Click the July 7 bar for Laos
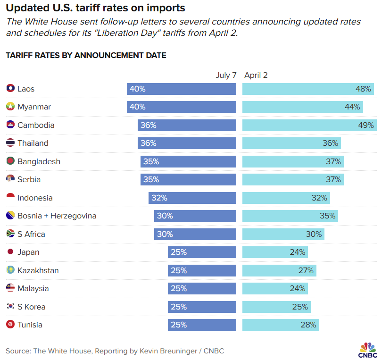pyautogui.click(x=181, y=89)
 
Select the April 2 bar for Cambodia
pyautogui.click(x=309, y=125)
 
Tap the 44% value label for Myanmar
pyautogui.click(x=352, y=107)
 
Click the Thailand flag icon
pyautogui.click(x=10, y=142)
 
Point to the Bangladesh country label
pyautogui.click(x=39, y=161)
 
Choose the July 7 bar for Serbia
pyautogui.click(x=188, y=179)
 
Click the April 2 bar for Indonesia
pyautogui.click(x=286, y=198)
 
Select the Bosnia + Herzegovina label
pyautogui.click(x=57, y=216)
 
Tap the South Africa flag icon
pyautogui.click(x=10, y=234)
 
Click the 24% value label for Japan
pyautogui.click(x=297, y=252)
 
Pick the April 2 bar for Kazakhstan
pyautogui.click(x=279, y=270)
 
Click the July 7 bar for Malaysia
pyautogui.click(x=202, y=288)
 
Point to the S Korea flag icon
pyautogui.click(x=10, y=306)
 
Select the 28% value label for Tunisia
pyautogui.click(x=308, y=325)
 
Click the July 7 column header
pyautogui.click(x=226, y=75)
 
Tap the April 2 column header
pyautogui.click(x=256, y=75)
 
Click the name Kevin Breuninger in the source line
pyautogui.click(x=168, y=351)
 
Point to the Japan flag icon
pyautogui.click(x=10, y=251)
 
